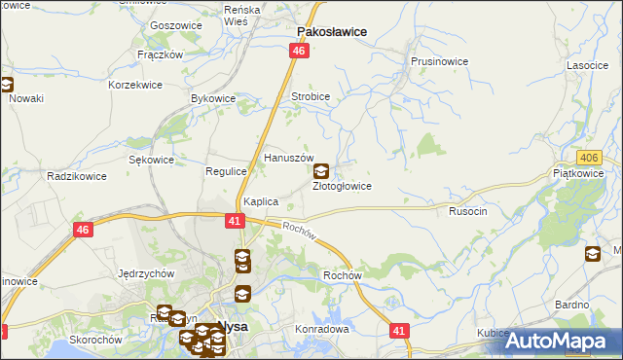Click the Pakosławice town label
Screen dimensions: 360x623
[x=331, y=31]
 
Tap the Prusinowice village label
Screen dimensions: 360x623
[x=438, y=61]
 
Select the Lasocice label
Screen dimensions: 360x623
[x=587, y=65]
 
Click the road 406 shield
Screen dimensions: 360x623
[x=587, y=158]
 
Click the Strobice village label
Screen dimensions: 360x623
[x=311, y=97]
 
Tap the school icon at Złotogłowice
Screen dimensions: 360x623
[x=320, y=171]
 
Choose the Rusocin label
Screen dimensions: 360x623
[x=467, y=210]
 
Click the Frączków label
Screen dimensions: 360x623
[x=161, y=54]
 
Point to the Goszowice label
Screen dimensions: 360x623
[x=175, y=25]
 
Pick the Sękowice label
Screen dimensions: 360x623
[x=152, y=160]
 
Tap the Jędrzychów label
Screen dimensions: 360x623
[x=145, y=273]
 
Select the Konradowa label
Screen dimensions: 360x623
[x=321, y=329]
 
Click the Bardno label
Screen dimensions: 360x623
[x=573, y=305]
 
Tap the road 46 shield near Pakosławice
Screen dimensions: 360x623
[x=300, y=51]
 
